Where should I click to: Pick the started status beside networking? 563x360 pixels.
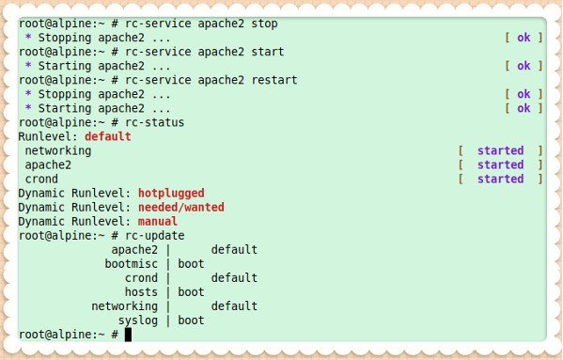(500, 150)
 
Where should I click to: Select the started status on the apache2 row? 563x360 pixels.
(500, 164)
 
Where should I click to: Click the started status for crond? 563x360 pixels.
(500, 179)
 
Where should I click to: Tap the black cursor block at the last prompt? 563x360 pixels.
(128, 334)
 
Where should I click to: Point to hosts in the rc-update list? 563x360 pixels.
(141, 291)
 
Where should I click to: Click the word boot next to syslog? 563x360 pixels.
(191, 320)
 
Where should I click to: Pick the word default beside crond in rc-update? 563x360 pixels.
(234, 277)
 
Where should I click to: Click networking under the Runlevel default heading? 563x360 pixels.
(58, 150)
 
